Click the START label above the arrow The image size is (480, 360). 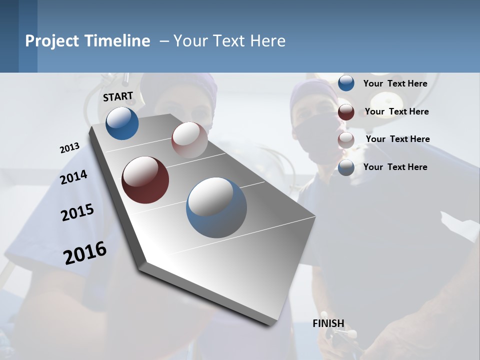tap(118, 96)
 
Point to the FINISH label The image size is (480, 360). tap(328, 323)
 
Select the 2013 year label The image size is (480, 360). tap(69, 148)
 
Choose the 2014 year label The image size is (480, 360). tap(73, 177)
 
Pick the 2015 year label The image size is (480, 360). tap(77, 212)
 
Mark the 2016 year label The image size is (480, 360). tap(85, 253)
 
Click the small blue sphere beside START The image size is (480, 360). tap(122, 123)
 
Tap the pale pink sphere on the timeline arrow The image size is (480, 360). tap(189, 139)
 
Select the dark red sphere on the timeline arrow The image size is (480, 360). tap(145, 180)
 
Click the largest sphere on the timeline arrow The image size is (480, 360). tap(216, 207)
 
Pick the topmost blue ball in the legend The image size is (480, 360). tap(346, 83)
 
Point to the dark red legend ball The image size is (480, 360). tap(346, 112)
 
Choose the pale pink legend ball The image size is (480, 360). tap(346, 140)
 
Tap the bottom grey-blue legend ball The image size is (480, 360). tap(346, 168)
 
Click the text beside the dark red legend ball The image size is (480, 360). tap(396, 111)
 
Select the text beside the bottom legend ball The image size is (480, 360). tap(395, 167)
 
